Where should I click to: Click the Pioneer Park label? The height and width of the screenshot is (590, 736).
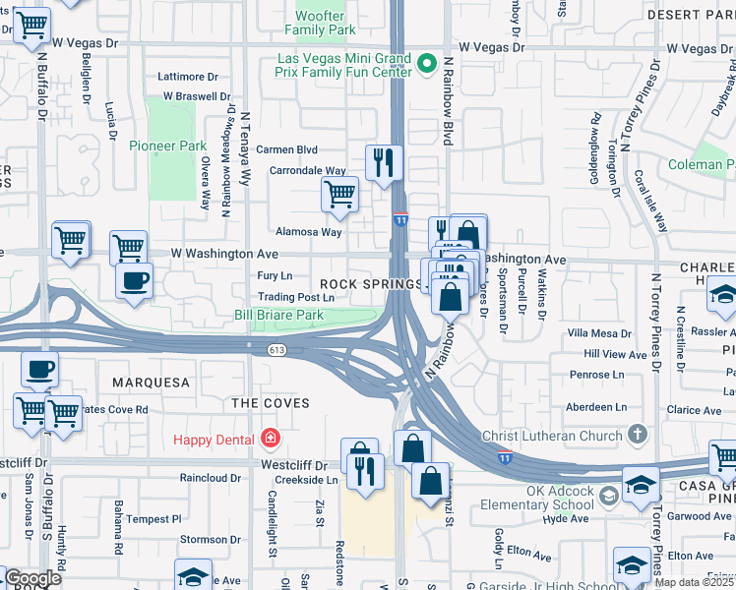point(162,146)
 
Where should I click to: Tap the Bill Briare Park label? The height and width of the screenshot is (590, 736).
point(278,316)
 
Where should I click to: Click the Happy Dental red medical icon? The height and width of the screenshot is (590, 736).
point(270,439)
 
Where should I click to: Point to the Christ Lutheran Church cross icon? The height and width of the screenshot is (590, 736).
point(638,435)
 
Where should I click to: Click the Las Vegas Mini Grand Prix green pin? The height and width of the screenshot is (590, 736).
point(426,65)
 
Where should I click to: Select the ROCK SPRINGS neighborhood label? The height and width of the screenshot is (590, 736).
point(362,283)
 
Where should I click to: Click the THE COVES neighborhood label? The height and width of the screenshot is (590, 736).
point(270,403)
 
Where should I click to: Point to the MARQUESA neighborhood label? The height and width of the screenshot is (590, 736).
point(150,382)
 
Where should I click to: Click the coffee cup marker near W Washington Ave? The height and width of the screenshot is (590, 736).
point(134,279)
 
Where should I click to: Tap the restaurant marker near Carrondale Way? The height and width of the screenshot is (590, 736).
point(384,161)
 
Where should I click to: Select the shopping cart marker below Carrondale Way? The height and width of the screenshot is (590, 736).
point(339,195)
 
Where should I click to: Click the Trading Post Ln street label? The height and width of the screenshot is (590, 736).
point(296,297)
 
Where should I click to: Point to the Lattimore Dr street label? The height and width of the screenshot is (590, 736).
point(187,76)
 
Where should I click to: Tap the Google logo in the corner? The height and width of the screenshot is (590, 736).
point(31,578)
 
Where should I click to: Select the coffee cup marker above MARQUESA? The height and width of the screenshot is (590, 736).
point(39,370)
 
